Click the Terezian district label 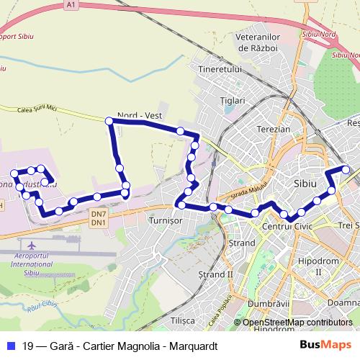click(x=273, y=129)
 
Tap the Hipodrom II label click(x=318, y=266)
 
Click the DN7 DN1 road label click(x=99, y=218)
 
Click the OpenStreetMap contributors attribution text click(x=297, y=323)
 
